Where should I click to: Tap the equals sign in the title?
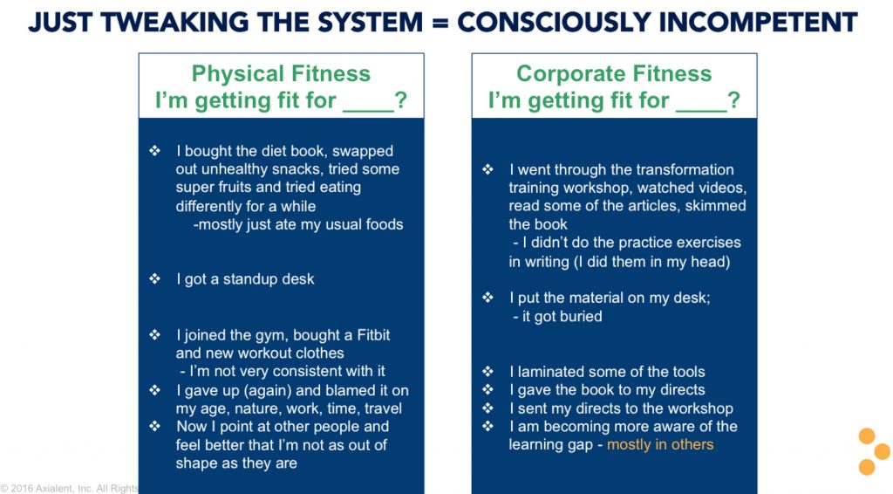point(440,23)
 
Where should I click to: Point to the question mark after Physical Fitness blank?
point(401,100)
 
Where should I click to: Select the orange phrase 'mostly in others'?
point(660,444)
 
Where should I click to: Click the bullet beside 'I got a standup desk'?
point(155,278)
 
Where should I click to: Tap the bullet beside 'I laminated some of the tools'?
point(488,372)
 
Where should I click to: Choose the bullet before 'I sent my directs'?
point(488,408)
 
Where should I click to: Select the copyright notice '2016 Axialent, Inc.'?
point(52,488)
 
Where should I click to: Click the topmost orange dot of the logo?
point(867,436)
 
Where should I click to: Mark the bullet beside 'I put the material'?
point(488,298)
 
